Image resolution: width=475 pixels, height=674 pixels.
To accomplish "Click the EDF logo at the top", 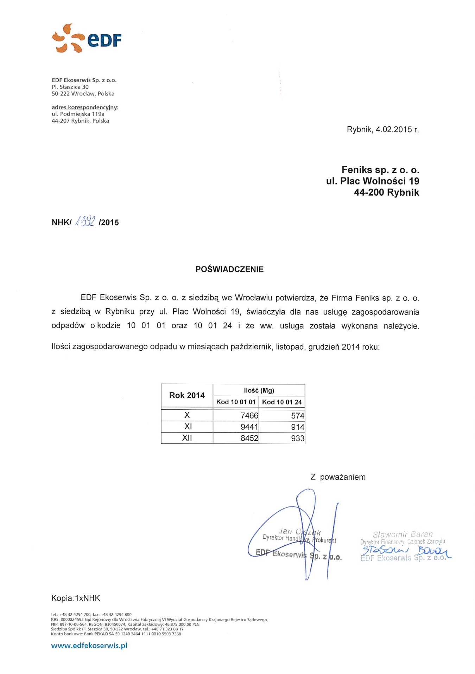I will click(87, 39).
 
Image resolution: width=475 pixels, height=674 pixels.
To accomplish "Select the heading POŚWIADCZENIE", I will click(229, 270).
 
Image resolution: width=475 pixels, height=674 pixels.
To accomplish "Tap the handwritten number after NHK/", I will click(85, 221).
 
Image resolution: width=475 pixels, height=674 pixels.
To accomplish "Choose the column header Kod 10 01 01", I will click(236, 402).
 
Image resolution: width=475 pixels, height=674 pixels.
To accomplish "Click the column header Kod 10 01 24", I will click(282, 402).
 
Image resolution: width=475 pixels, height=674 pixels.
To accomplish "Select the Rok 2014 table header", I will click(187, 396).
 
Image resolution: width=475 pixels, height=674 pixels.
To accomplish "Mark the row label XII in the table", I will click(187, 438).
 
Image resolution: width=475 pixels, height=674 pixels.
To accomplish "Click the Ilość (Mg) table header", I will click(259, 390).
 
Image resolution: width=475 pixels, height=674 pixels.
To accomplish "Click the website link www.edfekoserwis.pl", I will click(89, 646).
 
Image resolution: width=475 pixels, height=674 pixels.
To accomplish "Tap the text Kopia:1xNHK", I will click(76, 598).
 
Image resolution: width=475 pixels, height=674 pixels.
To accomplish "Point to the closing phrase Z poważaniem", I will click(338, 477).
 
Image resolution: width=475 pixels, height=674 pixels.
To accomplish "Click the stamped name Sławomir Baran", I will click(403, 534).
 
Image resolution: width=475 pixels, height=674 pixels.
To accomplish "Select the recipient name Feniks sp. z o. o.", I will click(380, 170).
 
